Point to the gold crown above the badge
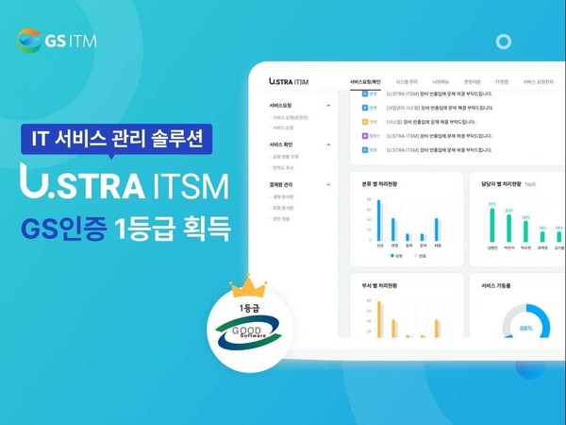coord(248,285)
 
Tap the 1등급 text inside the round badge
coord(248,308)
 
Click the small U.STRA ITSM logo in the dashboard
coord(289,82)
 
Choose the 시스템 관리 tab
coord(408,82)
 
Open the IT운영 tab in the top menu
coord(503,82)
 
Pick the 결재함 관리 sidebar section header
coord(282,183)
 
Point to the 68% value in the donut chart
coord(525,329)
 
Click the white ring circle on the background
coord(504,42)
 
